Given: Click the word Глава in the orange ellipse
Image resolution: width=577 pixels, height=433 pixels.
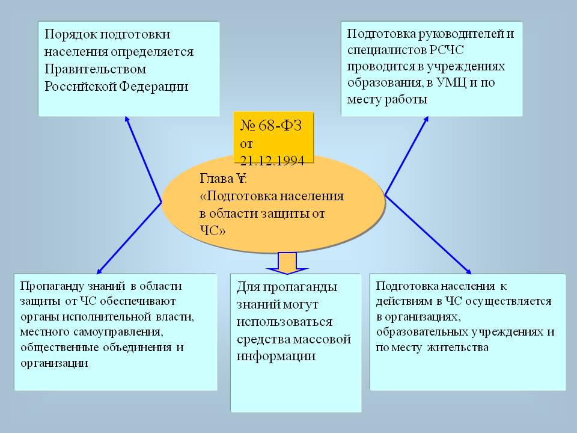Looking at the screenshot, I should (x=216, y=179).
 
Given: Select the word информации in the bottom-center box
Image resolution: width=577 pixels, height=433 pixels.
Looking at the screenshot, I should (x=276, y=356).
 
